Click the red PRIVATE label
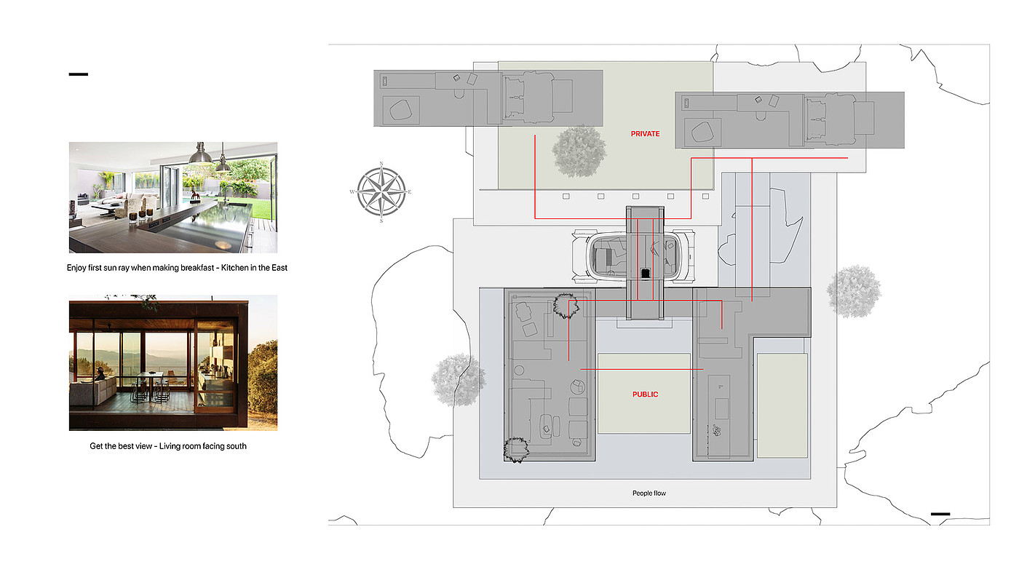[x=645, y=134]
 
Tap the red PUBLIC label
[x=645, y=394]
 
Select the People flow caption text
[x=649, y=493]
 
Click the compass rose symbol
[x=381, y=192]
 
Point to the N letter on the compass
[x=381, y=164]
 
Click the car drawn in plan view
[x=633, y=256]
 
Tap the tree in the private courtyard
[x=579, y=151]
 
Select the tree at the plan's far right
[x=853, y=292]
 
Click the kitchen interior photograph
[x=173, y=197]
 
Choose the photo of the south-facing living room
[x=173, y=362]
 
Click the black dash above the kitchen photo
[x=79, y=74]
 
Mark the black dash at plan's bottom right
[x=940, y=514]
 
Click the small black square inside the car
[x=645, y=274]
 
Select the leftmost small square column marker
[x=566, y=197]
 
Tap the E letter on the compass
[x=409, y=192]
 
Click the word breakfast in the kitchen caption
[x=195, y=268]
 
